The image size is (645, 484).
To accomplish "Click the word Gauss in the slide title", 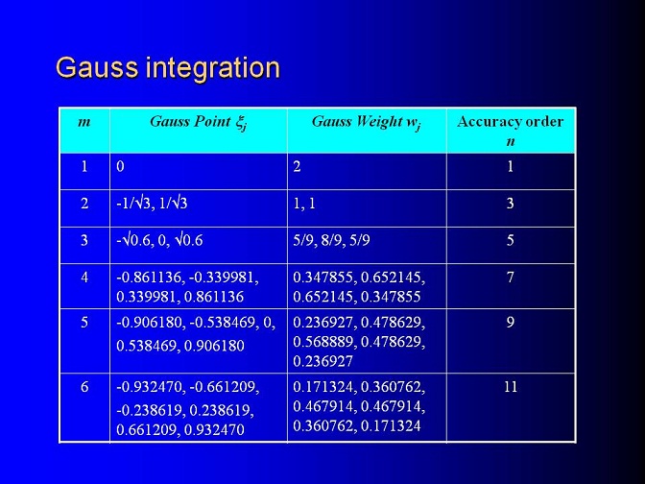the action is point(97,67).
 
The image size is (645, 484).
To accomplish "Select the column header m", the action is point(84,122).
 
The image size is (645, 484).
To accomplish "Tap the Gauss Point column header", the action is point(199,122).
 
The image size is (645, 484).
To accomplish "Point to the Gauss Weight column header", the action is point(366,122).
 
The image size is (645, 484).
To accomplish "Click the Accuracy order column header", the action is point(510,131).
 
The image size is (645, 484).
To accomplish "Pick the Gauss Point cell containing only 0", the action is point(120,167).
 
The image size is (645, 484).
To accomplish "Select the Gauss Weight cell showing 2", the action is point(297,167).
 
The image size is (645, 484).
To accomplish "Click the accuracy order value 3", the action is point(510,204).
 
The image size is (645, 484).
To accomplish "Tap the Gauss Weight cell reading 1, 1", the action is point(304,204).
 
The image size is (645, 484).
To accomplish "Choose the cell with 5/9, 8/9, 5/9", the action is point(331,240).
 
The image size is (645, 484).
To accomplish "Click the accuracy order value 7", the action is point(510,278).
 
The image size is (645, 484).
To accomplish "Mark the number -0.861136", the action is point(149,278).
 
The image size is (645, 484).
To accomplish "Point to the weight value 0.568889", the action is point(322,342).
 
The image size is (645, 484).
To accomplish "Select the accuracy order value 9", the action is point(510,323).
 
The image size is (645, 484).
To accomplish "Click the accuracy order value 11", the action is point(510,387).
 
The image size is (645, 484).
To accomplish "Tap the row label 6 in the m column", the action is point(84,387).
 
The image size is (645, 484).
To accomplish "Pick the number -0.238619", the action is point(149,410).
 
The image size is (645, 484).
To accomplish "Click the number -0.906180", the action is point(149,323).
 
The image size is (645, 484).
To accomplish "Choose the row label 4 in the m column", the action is point(84,278).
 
